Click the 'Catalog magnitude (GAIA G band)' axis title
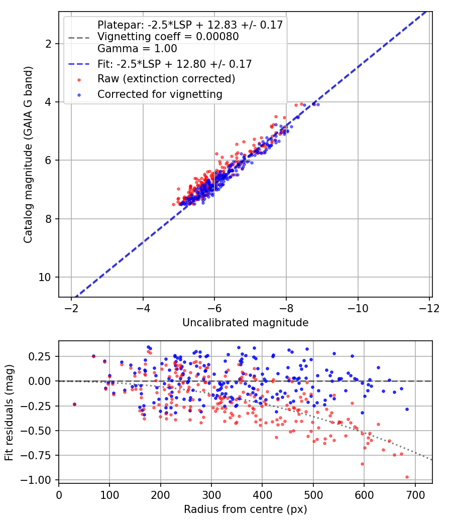coord(28,155)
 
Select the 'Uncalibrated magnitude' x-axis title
coord(246,323)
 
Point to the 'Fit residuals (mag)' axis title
coord(9,413)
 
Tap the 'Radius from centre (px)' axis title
coord(246,509)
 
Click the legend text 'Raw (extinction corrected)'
coord(166,79)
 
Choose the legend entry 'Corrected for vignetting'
coord(160,94)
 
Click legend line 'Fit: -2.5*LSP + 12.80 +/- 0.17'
coord(175,64)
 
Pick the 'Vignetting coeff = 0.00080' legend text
coord(168,37)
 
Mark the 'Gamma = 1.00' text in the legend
coord(137,49)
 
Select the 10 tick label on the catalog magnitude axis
coord(45,277)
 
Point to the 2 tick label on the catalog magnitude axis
coord(48,44)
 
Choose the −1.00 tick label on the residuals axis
coord(36,480)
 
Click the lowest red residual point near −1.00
coord(407,477)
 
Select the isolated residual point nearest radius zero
coord(75,405)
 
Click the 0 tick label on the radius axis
coord(59,495)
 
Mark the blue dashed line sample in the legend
coord(79,64)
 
